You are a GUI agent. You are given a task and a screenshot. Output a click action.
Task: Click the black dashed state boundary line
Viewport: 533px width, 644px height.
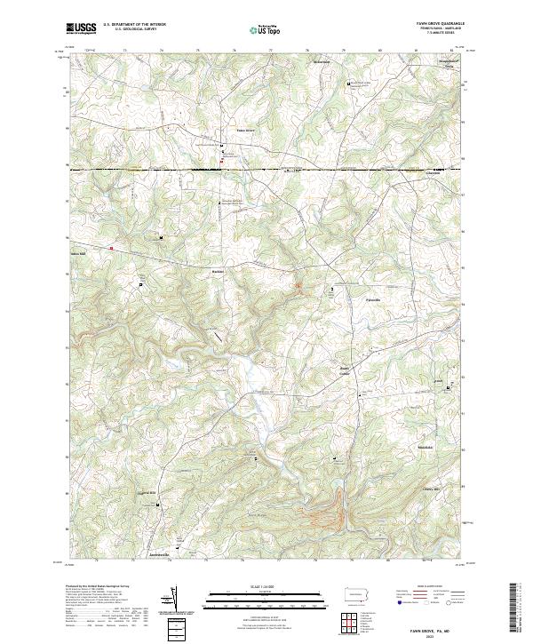pos(266,168)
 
